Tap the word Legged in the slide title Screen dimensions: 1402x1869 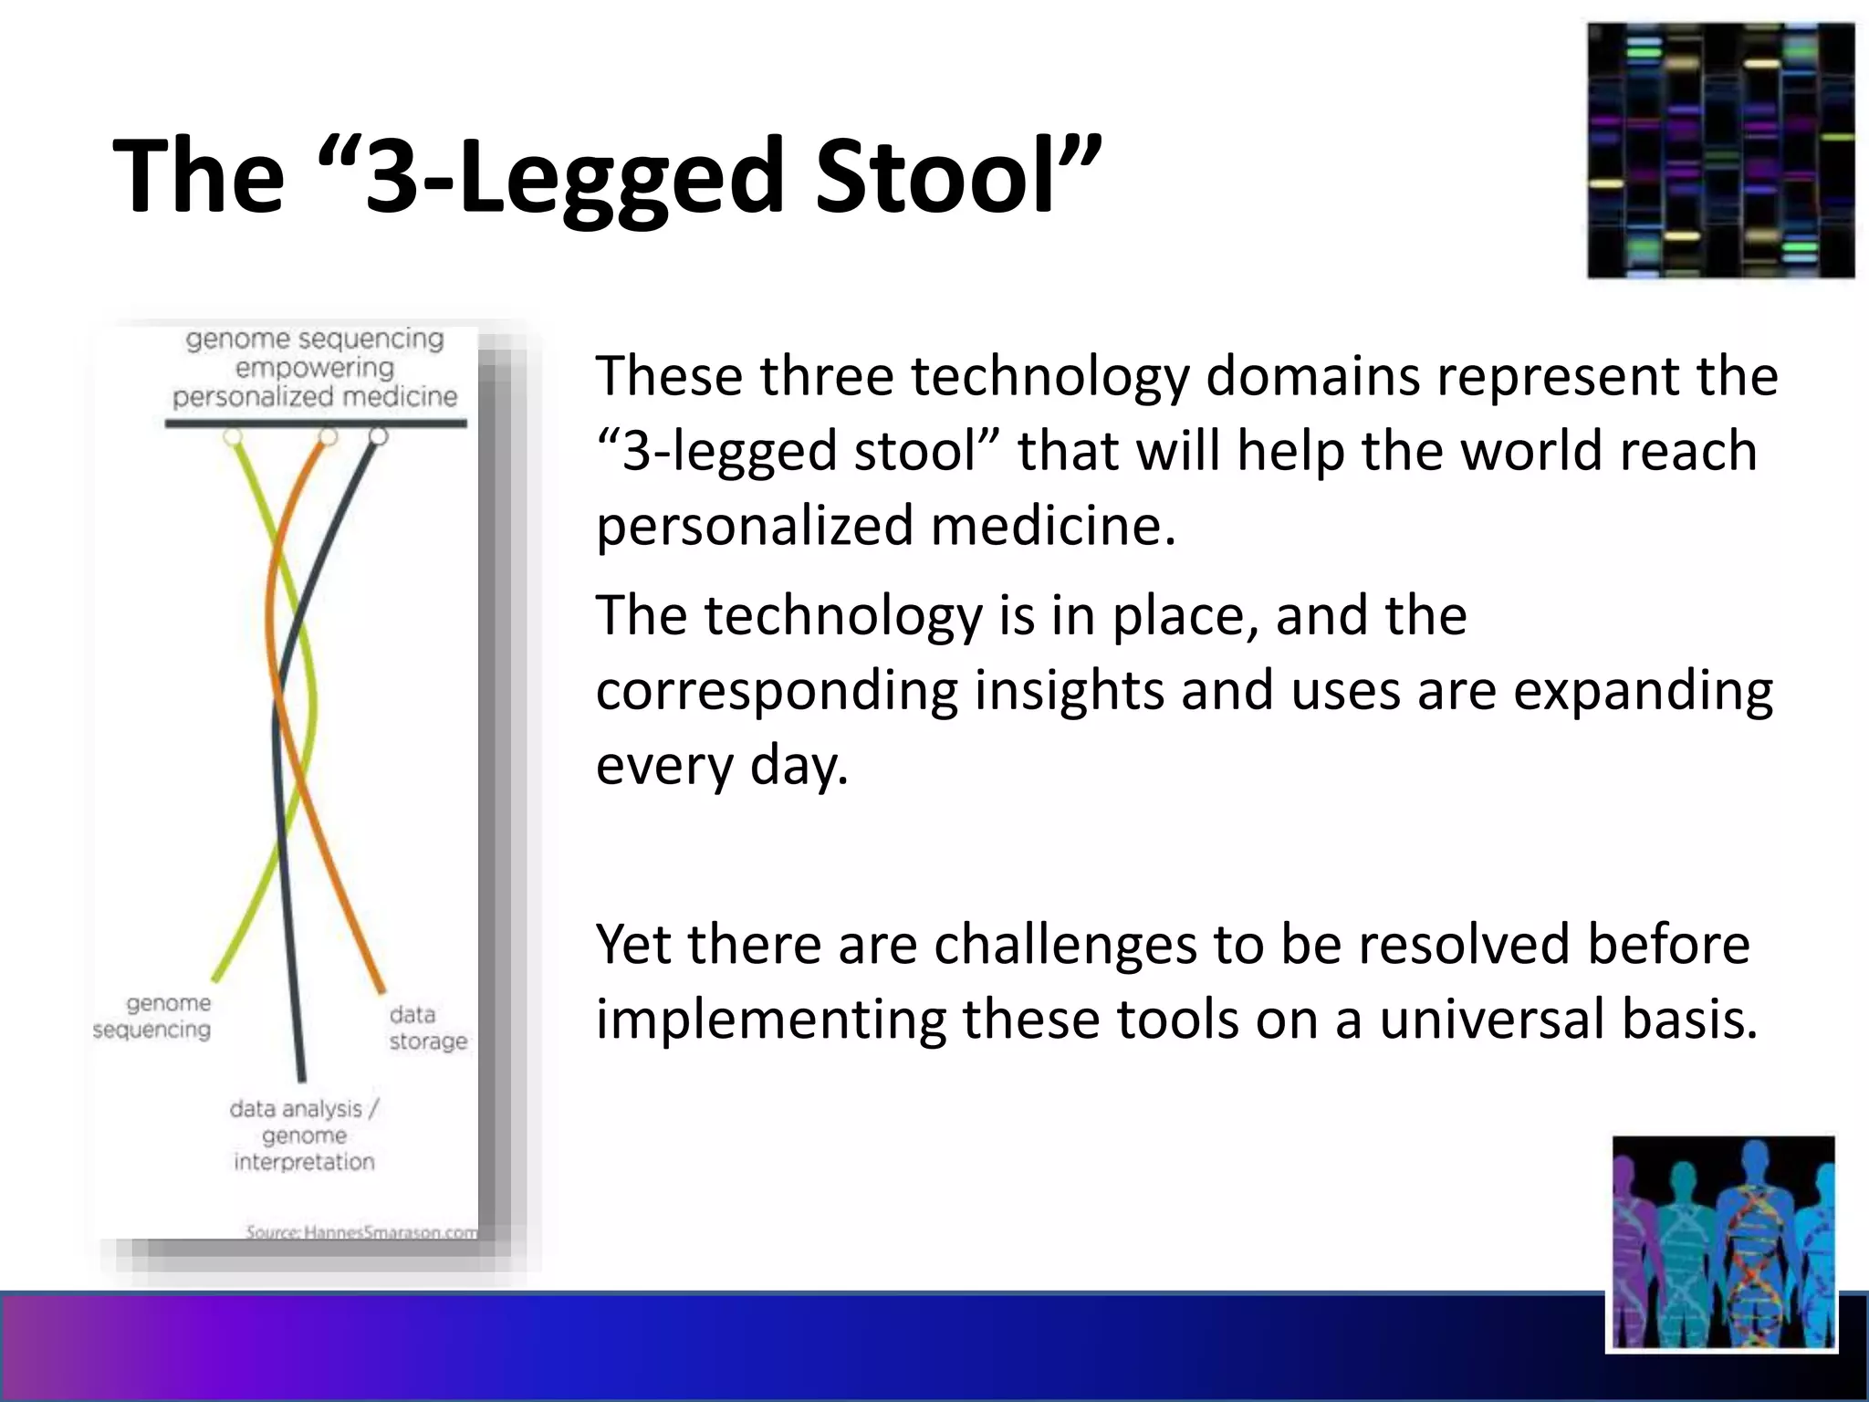620,175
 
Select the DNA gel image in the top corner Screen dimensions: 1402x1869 1720,151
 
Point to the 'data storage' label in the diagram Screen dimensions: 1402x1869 427,1028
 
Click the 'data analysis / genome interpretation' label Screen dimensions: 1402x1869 304,1135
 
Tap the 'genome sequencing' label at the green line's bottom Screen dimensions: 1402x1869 152,1016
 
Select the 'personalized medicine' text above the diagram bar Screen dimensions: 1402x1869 315,397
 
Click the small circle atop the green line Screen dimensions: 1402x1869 233,437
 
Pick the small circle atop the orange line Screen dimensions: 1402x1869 328,437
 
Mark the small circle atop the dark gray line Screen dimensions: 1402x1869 378,437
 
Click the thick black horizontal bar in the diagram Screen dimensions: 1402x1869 315,423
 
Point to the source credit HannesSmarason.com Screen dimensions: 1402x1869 361,1232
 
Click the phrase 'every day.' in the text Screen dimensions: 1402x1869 722,765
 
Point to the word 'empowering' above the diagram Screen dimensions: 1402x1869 315,368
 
